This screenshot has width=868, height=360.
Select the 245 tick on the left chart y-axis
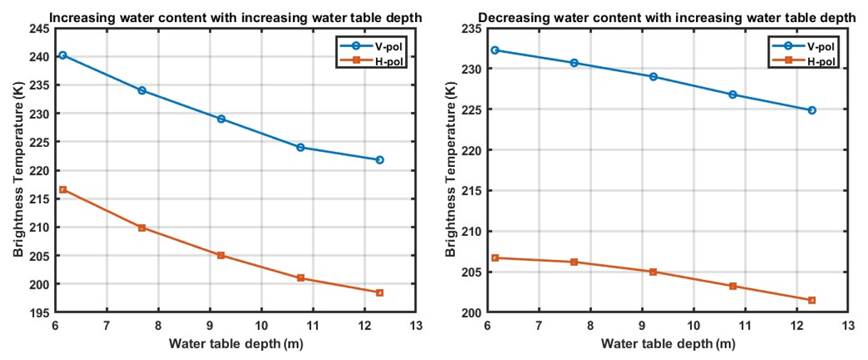(x=39, y=29)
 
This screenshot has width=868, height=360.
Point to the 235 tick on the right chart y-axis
(x=472, y=29)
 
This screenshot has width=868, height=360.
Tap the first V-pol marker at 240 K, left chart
(x=63, y=55)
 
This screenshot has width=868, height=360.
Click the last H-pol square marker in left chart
(x=379, y=292)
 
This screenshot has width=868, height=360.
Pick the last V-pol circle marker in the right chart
(x=812, y=110)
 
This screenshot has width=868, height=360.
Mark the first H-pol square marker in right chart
(x=495, y=258)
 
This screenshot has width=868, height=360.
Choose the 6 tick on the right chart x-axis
(x=487, y=326)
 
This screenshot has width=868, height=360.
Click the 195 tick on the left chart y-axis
(x=39, y=312)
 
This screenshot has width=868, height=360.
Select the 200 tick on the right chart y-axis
(x=472, y=312)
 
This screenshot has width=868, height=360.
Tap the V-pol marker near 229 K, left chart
(x=221, y=119)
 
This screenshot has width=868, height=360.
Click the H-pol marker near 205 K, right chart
(x=653, y=272)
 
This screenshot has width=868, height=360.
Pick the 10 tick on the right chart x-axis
(x=693, y=326)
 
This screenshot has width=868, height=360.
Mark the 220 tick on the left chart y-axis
(x=39, y=170)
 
